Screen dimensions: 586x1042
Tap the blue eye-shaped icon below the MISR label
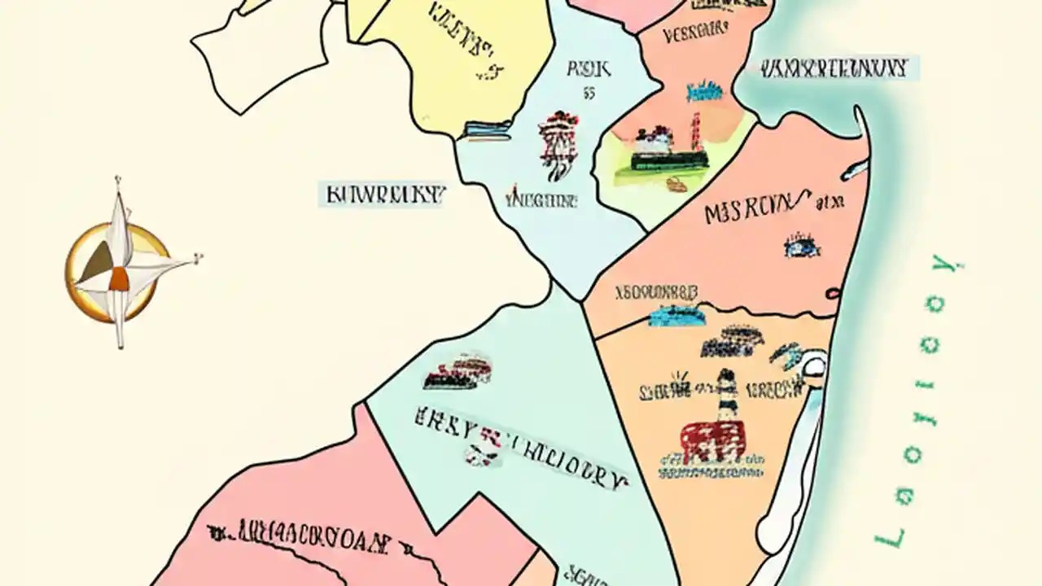(801, 246)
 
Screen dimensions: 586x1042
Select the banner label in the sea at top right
(834, 68)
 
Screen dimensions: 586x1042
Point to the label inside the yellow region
(463, 37)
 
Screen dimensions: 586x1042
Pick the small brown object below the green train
(676, 185)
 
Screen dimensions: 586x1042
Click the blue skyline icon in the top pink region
(704, 91)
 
